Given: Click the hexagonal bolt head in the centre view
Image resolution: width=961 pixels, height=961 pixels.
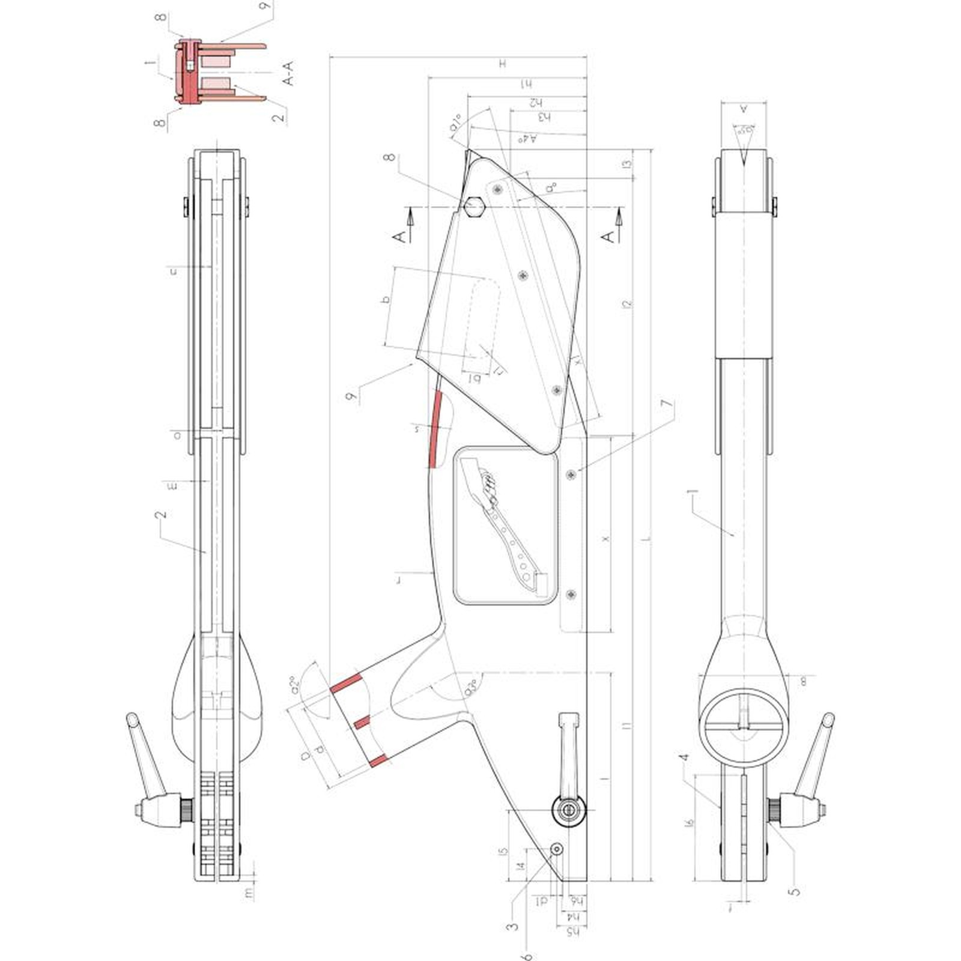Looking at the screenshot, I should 475,207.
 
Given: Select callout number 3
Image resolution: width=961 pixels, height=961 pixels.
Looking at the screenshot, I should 512,926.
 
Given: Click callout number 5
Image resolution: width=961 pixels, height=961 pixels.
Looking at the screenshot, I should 795,891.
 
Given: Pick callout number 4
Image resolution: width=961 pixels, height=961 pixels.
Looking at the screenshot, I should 684,758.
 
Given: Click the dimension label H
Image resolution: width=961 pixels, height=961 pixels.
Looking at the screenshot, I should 503,64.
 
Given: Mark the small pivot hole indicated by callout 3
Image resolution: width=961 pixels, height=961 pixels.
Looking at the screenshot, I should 557,848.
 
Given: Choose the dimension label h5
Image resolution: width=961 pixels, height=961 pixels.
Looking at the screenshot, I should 574,932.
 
